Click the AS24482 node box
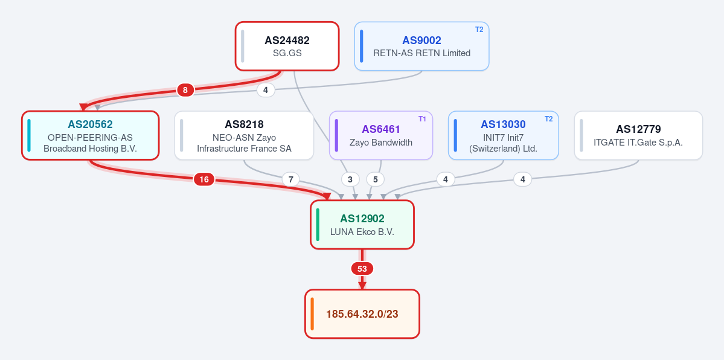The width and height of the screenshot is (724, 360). [287, 47]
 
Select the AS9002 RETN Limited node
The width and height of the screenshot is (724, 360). [421, 47]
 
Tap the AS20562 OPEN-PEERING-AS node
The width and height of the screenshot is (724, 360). [91, 135]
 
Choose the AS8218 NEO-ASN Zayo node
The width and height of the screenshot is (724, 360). [245, 135]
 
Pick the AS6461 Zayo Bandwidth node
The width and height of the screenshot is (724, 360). [381, 135]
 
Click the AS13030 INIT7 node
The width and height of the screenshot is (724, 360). [503, 135]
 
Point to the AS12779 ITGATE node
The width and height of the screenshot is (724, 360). [639, 135]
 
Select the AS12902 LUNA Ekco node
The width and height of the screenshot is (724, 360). [362, 225]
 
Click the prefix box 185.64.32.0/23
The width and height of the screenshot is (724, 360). [362, 313]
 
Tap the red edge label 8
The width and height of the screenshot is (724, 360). [185, 90]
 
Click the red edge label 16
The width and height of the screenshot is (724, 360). [204, 179]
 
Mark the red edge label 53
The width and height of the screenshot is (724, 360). [362, 269]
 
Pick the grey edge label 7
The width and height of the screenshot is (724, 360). [290, 179]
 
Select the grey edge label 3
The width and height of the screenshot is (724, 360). [350, 179]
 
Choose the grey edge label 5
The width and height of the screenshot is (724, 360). [376, 179]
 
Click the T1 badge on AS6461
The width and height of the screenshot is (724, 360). [423, 119]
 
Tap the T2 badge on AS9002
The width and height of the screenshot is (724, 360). [479, 30]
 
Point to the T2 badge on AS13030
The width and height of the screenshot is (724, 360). [548, 119]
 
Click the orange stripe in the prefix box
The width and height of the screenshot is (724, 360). [312, 313]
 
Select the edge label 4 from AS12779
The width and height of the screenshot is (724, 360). [523, 179]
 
